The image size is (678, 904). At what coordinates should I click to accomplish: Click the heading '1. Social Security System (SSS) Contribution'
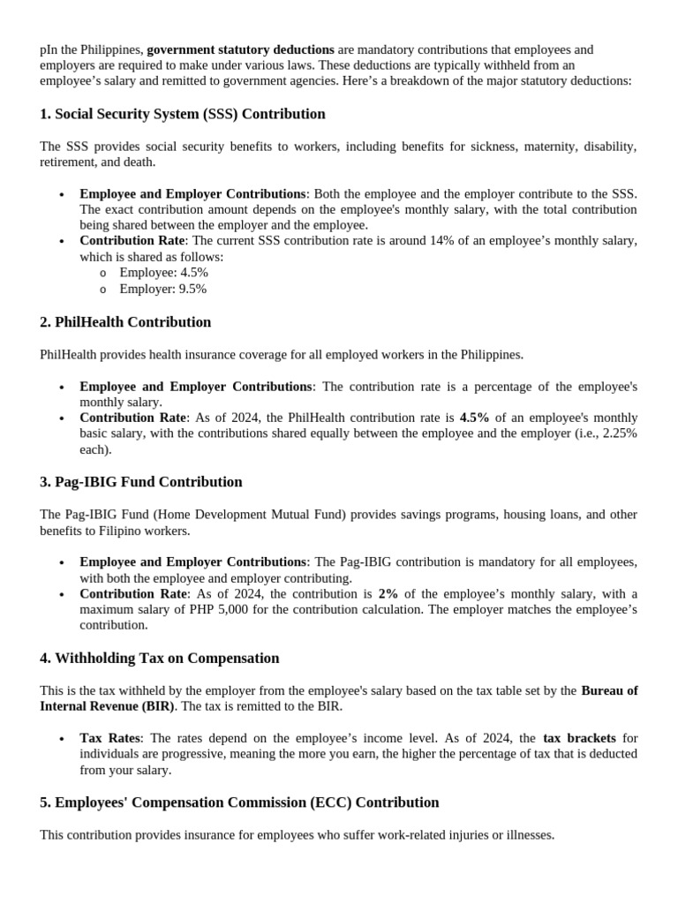click(183, 114)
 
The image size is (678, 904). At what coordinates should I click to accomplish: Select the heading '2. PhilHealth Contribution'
click(125, 322)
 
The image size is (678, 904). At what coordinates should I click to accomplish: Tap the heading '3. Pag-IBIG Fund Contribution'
click(141, 482)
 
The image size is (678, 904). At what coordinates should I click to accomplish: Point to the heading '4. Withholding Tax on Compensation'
click(159, 659)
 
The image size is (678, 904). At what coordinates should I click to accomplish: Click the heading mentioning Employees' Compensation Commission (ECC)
click(239, 802)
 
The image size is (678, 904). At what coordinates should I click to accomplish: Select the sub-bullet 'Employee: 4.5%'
click(163, 273)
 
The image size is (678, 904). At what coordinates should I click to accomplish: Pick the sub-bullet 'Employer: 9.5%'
click(163, 289)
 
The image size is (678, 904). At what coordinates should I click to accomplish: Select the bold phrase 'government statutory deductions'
click(240, 49)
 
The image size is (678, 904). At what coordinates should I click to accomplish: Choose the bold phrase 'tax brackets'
click(579, 738)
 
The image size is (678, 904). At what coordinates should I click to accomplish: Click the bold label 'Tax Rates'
click(109, 738)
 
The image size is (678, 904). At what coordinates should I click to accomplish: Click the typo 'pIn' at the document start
click(49, 49)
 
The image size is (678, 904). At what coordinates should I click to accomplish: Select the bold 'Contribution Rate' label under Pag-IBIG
click(132, 594)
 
